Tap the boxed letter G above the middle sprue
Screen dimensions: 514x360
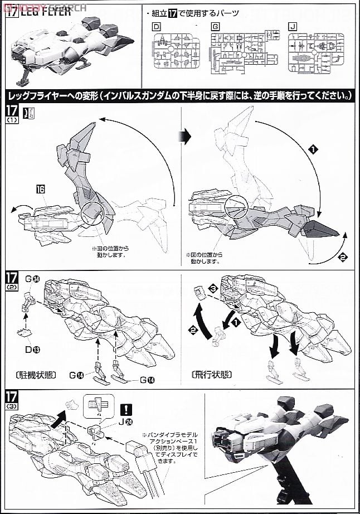(215, 26)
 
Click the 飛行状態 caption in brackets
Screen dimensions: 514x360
(212, 374)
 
